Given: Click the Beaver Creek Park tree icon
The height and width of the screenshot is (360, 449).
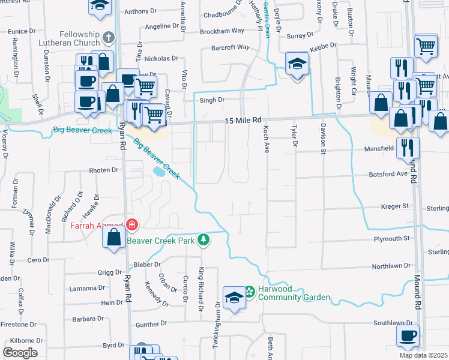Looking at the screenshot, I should pyautogui.click(x=204, y=240).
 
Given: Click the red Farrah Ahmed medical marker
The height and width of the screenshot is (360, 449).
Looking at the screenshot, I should pyautogui.click(x=131, y=226).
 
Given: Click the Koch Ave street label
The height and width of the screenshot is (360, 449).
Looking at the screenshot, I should pyautogui.click(x=265, y=138).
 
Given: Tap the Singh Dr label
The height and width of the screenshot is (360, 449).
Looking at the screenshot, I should pyautogui.click(x=212, y=100).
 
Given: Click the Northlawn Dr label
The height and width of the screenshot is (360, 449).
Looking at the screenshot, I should pyautogui.click(x=391, y=265).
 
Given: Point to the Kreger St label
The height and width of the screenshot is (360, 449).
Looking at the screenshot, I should pyautogui.click(x=394, y=206).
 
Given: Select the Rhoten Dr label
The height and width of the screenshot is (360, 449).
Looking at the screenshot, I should pyautogui.click(x=104, y=170).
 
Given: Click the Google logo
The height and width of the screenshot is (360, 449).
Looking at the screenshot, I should pyautogui.click(x=20, y=353).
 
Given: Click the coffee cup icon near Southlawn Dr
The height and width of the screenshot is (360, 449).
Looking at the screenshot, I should pyautogui.click(x=408, y=336).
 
